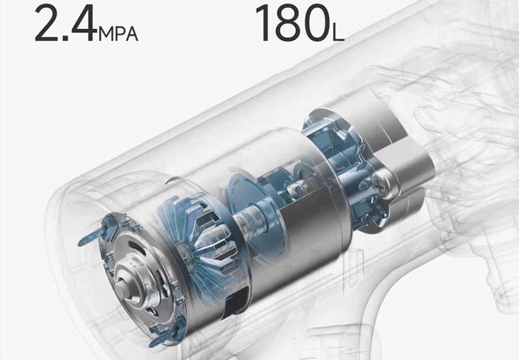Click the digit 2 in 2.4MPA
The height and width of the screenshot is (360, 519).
pyautogui.click(x=47, y=23)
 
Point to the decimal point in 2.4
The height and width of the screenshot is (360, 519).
pyautogui.click(x=65, y=38)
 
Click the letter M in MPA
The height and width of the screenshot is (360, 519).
pyautogui.click(x=107, y=34)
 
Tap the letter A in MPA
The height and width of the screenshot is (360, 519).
pyautogui.click(x=131, y=34)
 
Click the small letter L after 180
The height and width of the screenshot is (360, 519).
pyautogui.click(x=339, y=34)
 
